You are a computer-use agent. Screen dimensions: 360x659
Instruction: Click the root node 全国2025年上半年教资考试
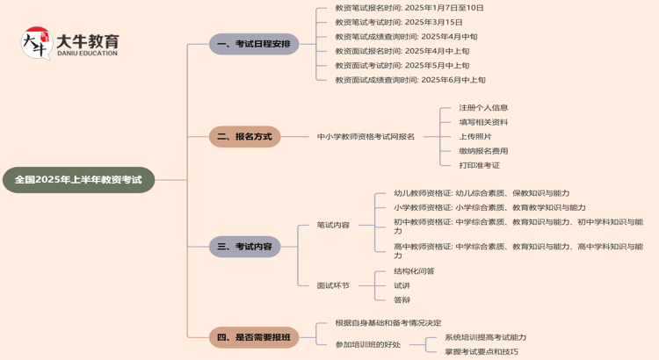78,180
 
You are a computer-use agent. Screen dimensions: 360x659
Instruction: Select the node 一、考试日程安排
254,44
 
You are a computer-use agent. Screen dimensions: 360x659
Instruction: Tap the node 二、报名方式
245,137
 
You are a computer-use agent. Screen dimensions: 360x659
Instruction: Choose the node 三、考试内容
245,247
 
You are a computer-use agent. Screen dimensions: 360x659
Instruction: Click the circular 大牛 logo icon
36,43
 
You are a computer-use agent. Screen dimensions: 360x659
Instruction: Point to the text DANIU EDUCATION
86,54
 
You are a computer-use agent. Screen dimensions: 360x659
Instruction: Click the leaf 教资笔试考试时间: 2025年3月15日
399,22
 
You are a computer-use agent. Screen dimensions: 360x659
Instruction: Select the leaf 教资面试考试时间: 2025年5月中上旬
402,65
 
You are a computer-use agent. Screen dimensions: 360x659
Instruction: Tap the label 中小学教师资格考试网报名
366,137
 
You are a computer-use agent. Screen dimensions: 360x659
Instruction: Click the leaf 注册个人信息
483,108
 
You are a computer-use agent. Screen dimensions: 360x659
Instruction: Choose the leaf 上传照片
475,136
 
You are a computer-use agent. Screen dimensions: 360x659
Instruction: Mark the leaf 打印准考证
479,165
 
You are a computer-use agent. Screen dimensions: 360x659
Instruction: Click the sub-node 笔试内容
333,226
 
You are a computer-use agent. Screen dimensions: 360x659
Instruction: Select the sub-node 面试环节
333,285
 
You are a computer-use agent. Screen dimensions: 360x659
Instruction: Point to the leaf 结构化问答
414,271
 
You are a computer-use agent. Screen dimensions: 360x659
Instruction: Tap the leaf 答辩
402,299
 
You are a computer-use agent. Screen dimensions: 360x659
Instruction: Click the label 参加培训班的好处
367,344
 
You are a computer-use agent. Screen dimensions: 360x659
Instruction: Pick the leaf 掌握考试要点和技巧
482,352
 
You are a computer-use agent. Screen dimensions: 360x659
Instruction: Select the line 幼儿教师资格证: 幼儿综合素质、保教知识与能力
482,193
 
